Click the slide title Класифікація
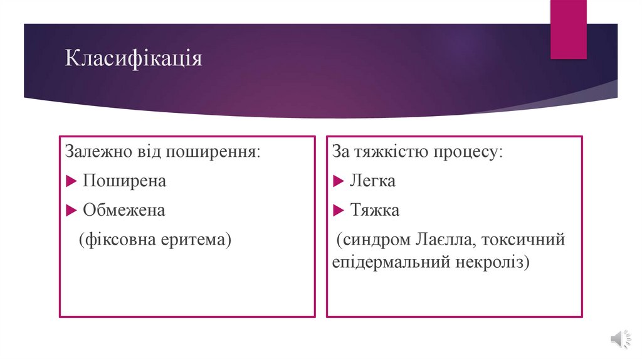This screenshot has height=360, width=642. (x=134, y=60)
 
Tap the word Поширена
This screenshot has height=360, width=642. (x=124, y=181)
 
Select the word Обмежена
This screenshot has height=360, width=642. (x=124, y=210)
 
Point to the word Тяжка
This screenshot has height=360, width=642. (x=374, y=210)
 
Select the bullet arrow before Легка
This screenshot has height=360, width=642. (x=338, y=182)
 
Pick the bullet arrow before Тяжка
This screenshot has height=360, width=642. (x=338, y=211)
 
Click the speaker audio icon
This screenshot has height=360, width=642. (x=617, y=339)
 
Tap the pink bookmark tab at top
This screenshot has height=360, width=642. (x=568, y=29)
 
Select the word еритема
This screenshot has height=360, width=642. (x=199, y=240)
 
